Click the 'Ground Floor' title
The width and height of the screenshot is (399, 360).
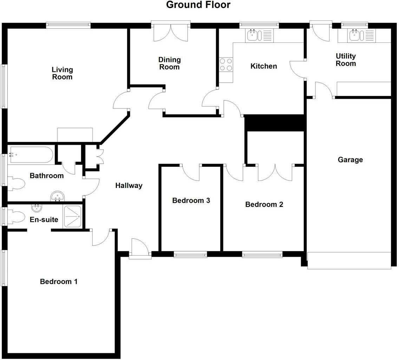(x=198, y=5)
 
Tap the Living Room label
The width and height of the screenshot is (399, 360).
(x=62, y=73)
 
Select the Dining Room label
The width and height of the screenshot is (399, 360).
(x=169, y=63)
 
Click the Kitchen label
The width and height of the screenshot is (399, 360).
(x=263, y=66)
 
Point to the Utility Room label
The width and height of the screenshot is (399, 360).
(x=346, y=60)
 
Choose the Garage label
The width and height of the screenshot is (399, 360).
(x=350, y=160)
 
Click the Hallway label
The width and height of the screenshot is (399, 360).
(x=129, y=185)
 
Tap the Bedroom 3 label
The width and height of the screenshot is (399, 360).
(x=191, y=201)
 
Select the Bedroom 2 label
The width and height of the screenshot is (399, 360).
(x=264, y=204)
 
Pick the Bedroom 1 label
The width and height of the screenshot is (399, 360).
(x=59, y=281)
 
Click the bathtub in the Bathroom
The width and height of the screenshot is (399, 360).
(x=31, y=155)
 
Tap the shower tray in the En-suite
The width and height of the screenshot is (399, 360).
(x=73, y=216)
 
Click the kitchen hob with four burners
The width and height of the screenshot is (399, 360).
(x=226, y=65)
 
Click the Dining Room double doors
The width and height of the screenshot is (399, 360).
(x=171, y=32)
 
